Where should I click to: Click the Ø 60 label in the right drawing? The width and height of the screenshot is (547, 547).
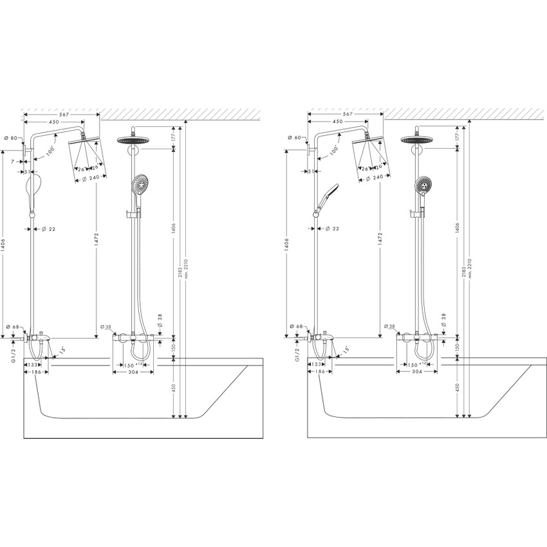[295, 138]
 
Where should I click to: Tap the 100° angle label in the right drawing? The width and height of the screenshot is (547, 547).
[333, 149]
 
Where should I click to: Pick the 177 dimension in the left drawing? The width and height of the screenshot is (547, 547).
[174, 136]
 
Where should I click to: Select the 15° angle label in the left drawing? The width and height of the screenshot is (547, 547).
[62, 350]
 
